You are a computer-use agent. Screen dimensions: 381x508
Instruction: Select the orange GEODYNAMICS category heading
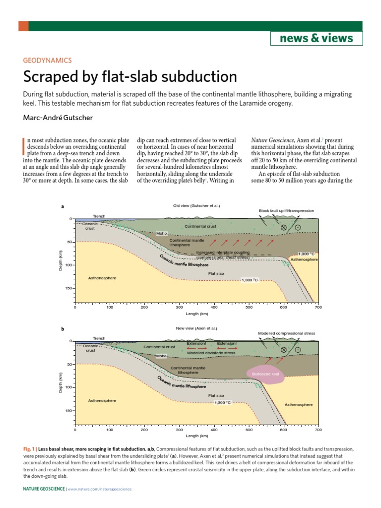click(x=48, y=61)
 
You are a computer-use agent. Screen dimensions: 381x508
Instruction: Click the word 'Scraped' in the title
click(x=55, y=77)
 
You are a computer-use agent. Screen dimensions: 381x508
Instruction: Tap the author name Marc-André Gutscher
click(x=58, y=118)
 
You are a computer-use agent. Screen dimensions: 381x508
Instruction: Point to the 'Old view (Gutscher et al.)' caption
click(x=196, y=206)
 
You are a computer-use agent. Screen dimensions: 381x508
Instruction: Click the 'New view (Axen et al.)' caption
click(x=196, y=328)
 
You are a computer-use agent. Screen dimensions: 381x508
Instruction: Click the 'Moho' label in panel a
click(x=162, y=233)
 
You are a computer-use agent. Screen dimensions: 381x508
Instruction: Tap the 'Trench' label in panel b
click(x=99, y=338)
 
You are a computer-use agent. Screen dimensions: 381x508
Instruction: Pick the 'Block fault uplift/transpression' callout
click(x=286, y=211)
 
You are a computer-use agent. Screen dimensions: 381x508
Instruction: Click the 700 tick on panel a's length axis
click(x=318, y=308)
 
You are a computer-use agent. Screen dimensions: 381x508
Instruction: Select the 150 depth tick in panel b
click(x=67, y=411)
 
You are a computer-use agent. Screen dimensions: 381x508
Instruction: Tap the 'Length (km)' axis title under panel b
click(x=197, y=436)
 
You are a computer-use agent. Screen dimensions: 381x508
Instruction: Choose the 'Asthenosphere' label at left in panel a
click(x=102, y=278)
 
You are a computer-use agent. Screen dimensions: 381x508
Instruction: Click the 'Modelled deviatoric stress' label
click(x=207, y=353)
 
